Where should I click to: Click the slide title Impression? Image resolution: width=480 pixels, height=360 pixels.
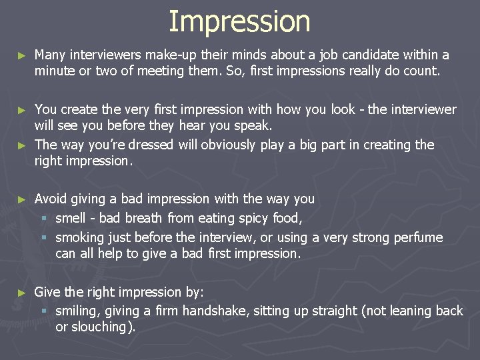coord(239,21)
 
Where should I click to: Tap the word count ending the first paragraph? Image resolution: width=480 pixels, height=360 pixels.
coord(423,71)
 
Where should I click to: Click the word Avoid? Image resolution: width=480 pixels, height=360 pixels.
coord(50,199)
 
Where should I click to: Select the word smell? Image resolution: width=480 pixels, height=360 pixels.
coord(72,218)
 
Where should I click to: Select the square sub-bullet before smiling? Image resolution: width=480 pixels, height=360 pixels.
coord(45,311)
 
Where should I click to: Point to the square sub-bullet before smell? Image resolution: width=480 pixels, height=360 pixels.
coord(45,219)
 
